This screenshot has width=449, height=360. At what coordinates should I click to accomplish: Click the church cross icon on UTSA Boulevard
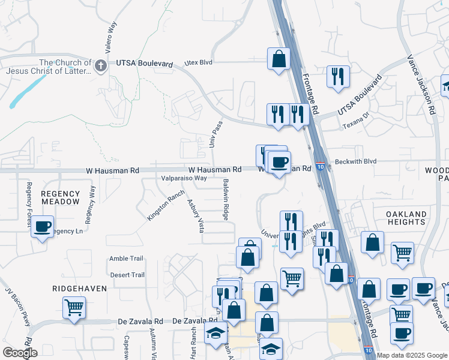[x=101, y=65]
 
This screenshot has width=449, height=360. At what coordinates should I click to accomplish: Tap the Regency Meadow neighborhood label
[x=60, y=197]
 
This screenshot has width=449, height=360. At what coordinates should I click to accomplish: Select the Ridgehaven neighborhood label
[x=80, y=289]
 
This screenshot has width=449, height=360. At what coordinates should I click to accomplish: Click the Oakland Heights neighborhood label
[x=406, y=218]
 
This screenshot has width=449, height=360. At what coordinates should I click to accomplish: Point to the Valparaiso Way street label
[x=184, y=178]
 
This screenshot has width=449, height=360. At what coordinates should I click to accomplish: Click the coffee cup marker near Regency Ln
[x=41, y=227]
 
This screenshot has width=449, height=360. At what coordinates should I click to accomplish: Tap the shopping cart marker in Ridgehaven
[x=74, y=308]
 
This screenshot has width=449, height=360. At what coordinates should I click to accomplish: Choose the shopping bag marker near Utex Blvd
[x=279, y=59]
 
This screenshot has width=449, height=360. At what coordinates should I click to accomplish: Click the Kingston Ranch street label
[x=165, y=206]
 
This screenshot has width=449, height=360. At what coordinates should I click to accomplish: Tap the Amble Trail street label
[x=126, y=259]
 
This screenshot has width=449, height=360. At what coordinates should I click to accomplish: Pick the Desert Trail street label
[x=127, y=275]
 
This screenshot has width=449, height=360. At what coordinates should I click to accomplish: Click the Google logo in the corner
[x=19, y=353]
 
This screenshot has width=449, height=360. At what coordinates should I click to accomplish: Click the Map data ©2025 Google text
[x=412, y=355]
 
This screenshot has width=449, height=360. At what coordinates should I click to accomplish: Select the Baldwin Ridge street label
[x=226, y=199]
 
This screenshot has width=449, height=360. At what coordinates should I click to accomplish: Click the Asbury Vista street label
[x=196, y=215]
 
